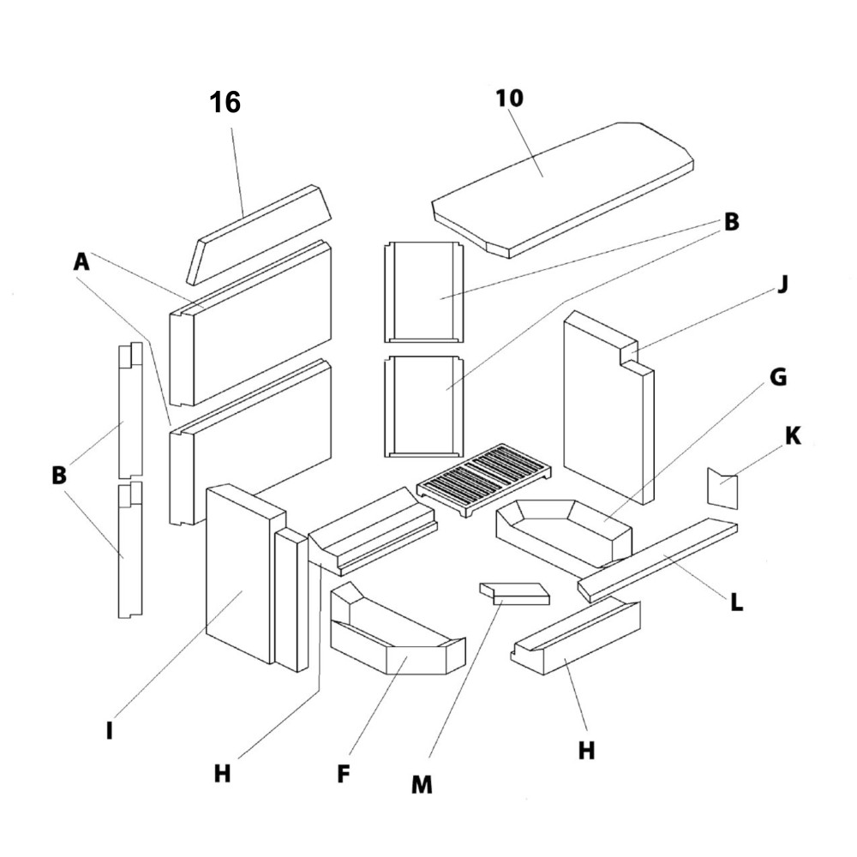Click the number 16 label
tap(225, 103)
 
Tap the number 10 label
tap(509, 98)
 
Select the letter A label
tap(81, 262)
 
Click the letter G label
tap(777, 377)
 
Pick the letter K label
tap(793, 436)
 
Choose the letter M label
tap(421, 784)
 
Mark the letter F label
tap(344, 774)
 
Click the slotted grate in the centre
tap(484, 482)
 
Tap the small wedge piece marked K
tap(722, 488)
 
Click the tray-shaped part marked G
tap(563, 532)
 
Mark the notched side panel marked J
tap(605, 403)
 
